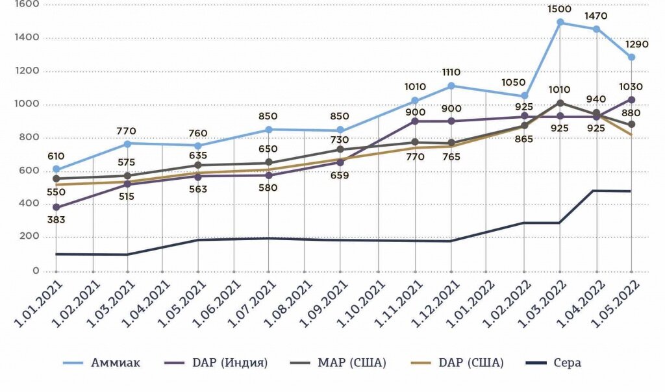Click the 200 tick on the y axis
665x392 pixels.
(29, 238)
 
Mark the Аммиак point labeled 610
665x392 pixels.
(56, 169)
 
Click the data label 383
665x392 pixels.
(56, 220)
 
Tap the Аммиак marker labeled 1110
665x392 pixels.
(451, 86)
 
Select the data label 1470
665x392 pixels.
(596, 17)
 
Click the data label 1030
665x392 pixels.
(631, 87)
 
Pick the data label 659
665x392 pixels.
(340, 175)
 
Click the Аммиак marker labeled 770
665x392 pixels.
(128, 143)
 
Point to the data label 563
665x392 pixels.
(198, 190)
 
